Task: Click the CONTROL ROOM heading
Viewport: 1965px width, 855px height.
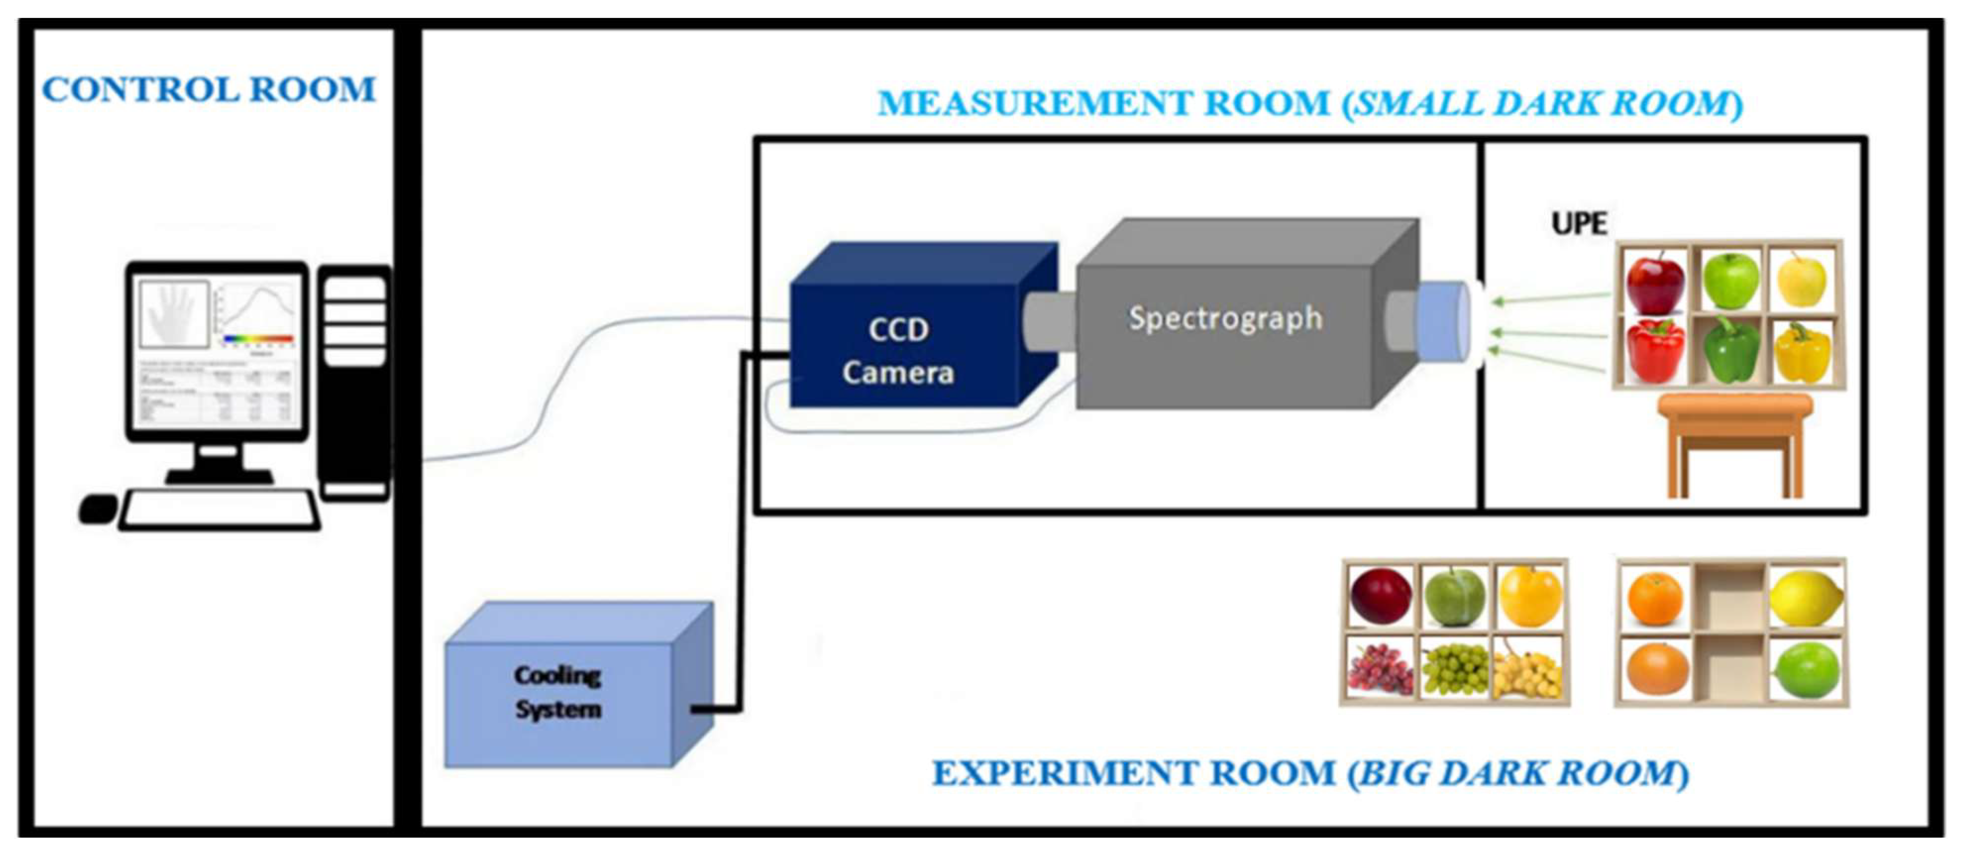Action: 208,90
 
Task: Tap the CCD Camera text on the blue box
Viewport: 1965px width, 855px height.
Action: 898,351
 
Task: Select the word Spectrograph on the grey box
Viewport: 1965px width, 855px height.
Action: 1225,318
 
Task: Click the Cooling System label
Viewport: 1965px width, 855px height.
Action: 557,692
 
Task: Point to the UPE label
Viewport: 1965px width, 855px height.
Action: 1578,223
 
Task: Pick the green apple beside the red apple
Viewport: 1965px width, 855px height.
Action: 1731,280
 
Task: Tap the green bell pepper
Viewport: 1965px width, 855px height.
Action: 1732,351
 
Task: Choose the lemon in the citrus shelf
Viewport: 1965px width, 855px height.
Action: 1805,599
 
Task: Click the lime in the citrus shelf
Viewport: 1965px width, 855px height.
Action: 1805,670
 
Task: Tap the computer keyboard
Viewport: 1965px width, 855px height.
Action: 219,509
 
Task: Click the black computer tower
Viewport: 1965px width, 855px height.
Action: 354,381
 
